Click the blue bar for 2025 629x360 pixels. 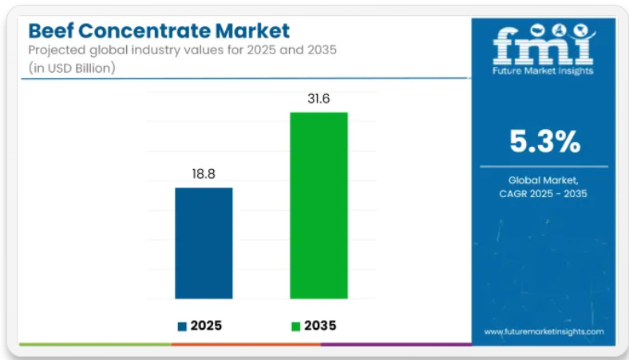click(x=204, y=243)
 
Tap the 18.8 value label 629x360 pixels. click(x=204, y=172)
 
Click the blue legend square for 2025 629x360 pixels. click(x=182, y=326)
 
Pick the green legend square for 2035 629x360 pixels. click(x=297, y=326)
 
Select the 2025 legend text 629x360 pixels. click(x=207, y=326)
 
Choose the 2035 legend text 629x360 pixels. click(x=320, y=326)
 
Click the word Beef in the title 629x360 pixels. click(x=52, y=31)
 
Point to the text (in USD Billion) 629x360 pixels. click(x=73, y=68)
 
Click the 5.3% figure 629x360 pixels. click(x=545, y=141)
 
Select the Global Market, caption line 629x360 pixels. click(x=544, y=180)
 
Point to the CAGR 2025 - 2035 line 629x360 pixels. click(x=544, y=194)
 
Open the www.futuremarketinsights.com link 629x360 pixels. click(x=544, y=330)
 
